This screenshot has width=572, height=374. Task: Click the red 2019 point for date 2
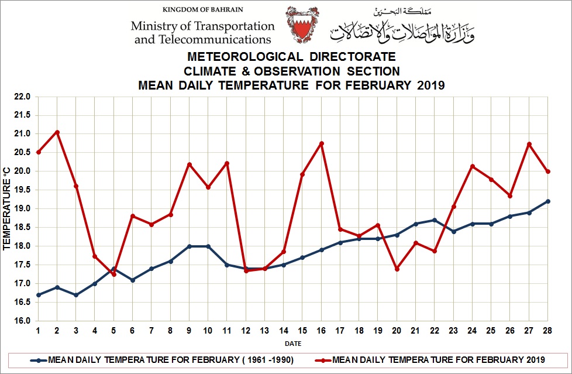click(x=57, y=132)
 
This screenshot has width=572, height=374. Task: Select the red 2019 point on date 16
click(x=322, y=143)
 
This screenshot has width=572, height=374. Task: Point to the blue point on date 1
click(x=39, y=295)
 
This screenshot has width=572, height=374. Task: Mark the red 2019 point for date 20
click(x=397, y=269)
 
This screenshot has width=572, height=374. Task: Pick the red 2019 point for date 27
click(x=529, y=144)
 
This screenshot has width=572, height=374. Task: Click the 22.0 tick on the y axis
click(x=24, y=97)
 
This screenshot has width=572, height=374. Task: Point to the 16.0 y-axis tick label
click(x=24, y=321)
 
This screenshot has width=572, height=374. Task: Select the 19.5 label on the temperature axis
click(x=24, y=190)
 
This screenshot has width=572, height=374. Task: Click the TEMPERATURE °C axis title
click(x=7, y=209)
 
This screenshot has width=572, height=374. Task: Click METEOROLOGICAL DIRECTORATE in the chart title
click(x=291, y=57)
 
